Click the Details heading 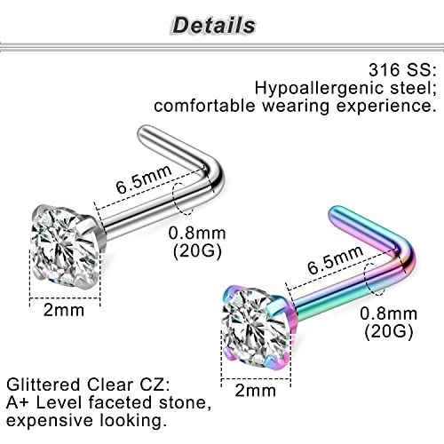(x=214, y=25)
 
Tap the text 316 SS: (x=402, y=70)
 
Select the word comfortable (x=204, y=106)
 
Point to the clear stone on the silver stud (x=65, y=246)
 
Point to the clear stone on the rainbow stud (x=256, y=327)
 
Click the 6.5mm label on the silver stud (x=144, y=178)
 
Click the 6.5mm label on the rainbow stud (x=335, y=259)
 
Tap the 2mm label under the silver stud (x=64, y=310)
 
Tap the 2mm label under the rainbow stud (x=256, y=391)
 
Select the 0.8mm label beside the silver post (x=197, y=234)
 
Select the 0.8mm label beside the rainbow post (x=389, y=313)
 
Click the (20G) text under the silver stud (x=197, y=251)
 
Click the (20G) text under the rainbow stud (x=389, y=331)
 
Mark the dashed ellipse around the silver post (x=173, y=199)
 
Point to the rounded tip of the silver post (x=142, y=131)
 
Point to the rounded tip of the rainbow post (x=333, y=210)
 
